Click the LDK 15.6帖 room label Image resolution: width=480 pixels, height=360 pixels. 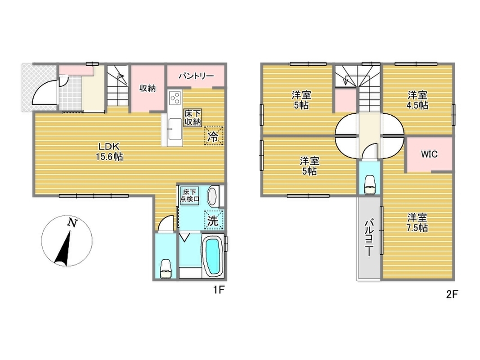110,152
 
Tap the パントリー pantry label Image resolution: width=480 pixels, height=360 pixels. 196,76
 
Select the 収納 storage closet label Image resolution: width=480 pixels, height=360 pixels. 148,88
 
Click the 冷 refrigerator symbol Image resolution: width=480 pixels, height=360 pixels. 213,136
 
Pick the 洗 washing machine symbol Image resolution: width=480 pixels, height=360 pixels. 213,220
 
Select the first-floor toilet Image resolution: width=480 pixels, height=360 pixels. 166,269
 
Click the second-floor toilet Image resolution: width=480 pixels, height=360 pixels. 370,184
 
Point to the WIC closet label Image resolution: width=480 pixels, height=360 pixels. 429,154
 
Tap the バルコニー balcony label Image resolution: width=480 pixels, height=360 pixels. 368,237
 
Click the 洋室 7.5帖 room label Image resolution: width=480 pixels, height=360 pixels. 417,223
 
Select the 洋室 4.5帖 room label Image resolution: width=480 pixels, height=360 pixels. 417,100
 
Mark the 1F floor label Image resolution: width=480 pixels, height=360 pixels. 219,289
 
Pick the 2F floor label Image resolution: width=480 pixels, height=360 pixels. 452,294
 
